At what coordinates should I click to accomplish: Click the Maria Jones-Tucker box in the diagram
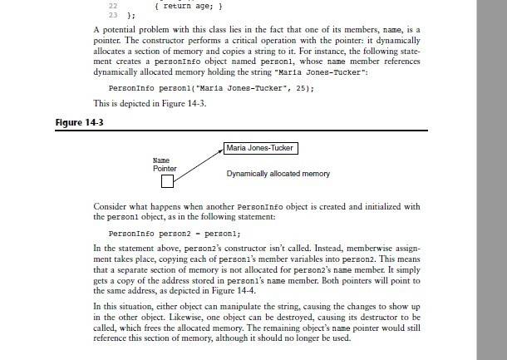coord(261,148)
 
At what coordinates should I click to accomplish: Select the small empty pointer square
coord(167,181)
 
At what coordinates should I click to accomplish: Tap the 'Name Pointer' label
coord(165,164)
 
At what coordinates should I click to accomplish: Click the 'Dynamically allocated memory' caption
coord(278,174)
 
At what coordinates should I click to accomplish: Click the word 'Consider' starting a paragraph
coord(109,206)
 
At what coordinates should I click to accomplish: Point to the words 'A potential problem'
coord(130,29)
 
